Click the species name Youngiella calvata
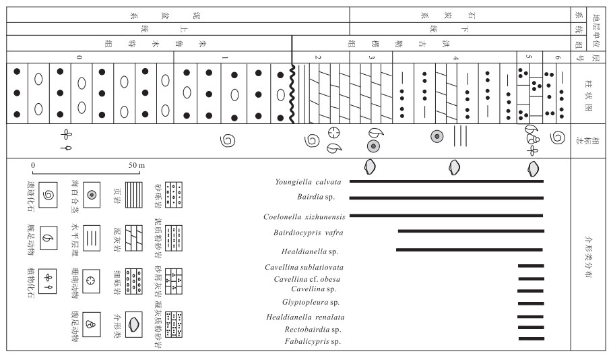click(308, 181)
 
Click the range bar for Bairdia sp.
click(446, 198)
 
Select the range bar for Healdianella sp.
click(470, 250)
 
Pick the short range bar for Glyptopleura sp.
click(530, 303)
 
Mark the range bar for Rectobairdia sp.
click(530, 328)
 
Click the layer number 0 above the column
click(79, 57)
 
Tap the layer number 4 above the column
click(456, 57)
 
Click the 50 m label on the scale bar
click(137, 165)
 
